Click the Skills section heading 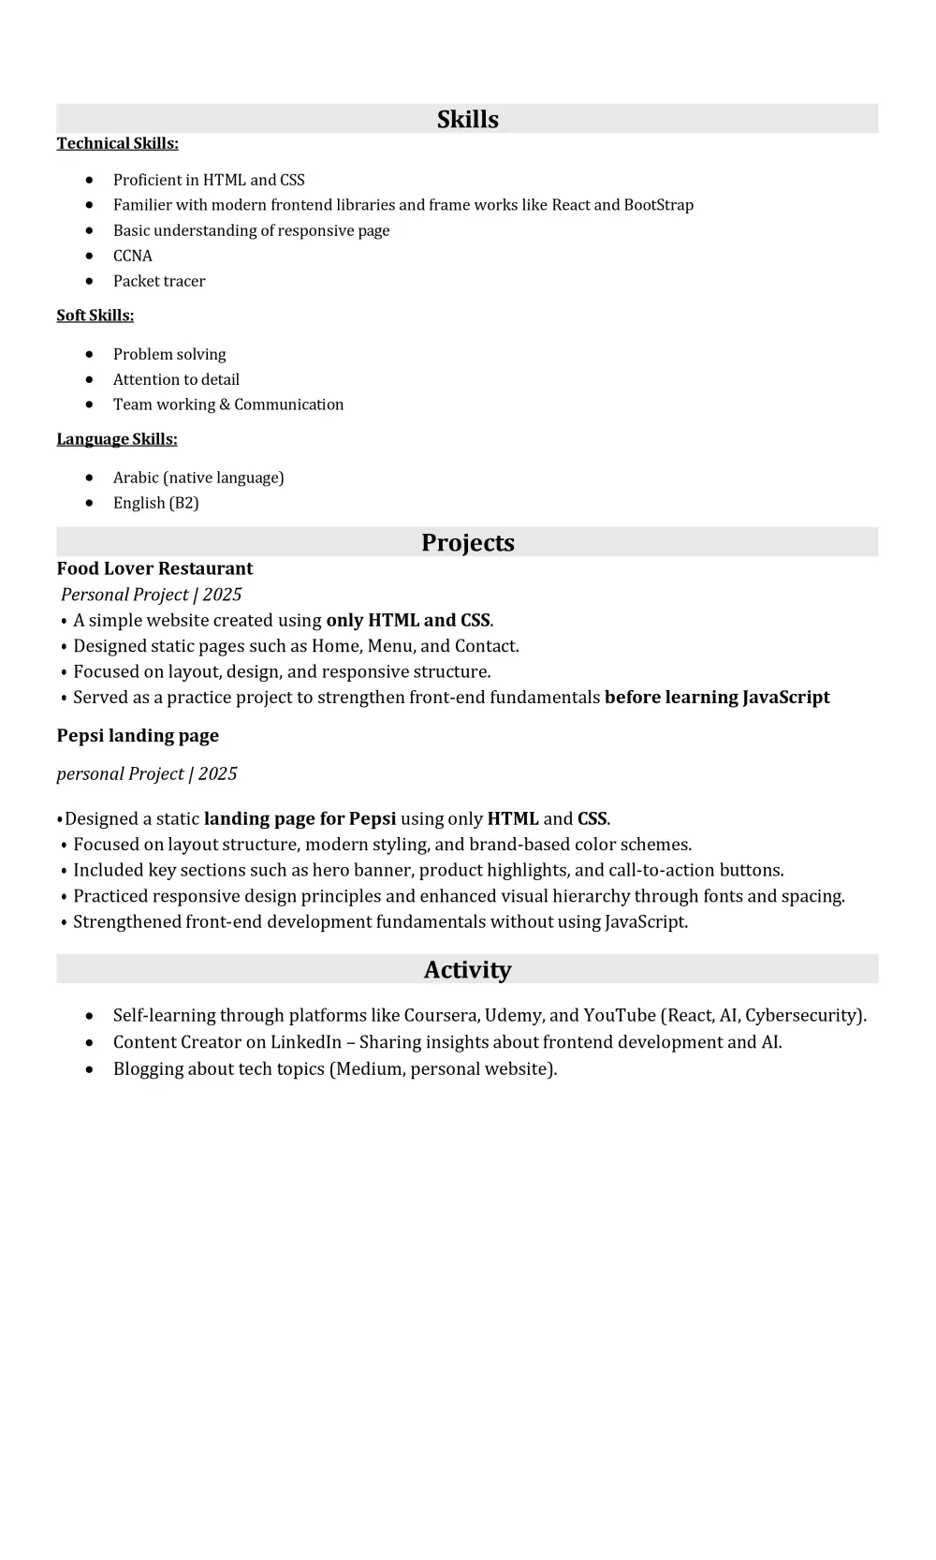(467, 119)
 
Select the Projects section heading (467, 542)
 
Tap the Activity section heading (467, 969)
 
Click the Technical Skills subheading (117, 143)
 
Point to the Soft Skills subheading (95, 316)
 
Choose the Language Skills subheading (116, 439)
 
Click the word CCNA (132, 256)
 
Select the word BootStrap (658, 205)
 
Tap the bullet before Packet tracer (89, 281)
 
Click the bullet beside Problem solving (89, 354)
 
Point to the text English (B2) (155, 503)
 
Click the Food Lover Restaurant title (154, 568)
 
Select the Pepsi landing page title (138, 735)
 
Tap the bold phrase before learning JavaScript (717, 697)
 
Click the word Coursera (440, 1015)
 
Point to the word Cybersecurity (802, 1015)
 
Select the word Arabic (136, 478)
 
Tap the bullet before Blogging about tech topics (89, 1069)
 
